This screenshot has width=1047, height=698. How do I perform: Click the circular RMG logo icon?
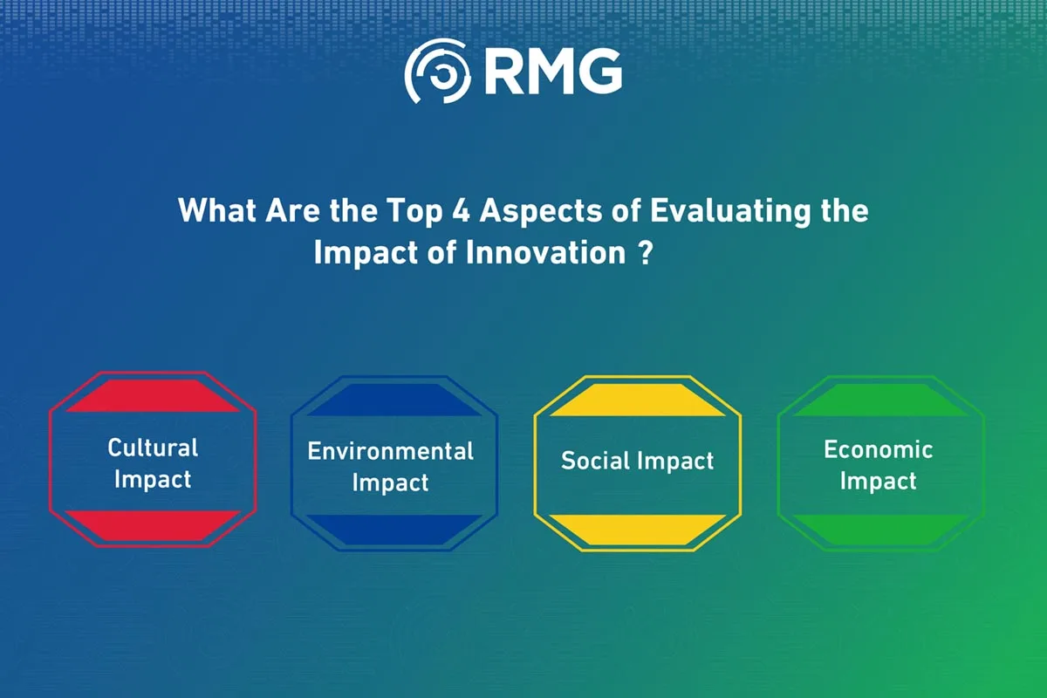click(x=437, y=71)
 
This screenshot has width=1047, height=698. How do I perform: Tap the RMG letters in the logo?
click(x=553, y=72)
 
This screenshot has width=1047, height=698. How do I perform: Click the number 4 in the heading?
click(x=461, y=210)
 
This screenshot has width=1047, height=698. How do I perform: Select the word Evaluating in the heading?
click(x=730, y=211)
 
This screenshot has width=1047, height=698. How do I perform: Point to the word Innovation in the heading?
click(x=545, y=253)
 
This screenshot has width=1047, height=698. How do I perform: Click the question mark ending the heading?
click(x=646, y=253)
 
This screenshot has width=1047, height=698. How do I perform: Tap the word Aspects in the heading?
click(x=541, y=212)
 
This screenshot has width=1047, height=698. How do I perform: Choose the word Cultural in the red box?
click(x=153, y=448)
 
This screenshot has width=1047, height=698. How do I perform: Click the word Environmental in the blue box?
click(x=390, y=451)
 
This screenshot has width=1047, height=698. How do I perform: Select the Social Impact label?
click(x=638, y=461)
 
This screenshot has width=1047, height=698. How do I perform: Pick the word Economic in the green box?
click(x=879, y=449)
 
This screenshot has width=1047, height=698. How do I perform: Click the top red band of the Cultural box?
click(x=153, y=395)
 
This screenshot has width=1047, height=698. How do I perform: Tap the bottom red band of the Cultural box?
click(x=153, y=525)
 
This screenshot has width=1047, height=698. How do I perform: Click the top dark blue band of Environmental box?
click(x=394, y=400)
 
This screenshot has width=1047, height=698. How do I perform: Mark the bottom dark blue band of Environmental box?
click(x=394, y=530)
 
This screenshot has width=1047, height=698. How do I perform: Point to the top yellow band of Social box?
click(x=638, y=400)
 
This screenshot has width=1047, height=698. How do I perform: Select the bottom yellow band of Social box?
click(x=638, y=530)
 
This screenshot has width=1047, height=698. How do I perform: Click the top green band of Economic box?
click(x=880, y=400)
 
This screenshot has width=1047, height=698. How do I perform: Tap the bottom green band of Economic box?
click(x=880, y=530)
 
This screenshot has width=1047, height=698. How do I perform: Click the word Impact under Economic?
click(x=879, y=482)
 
